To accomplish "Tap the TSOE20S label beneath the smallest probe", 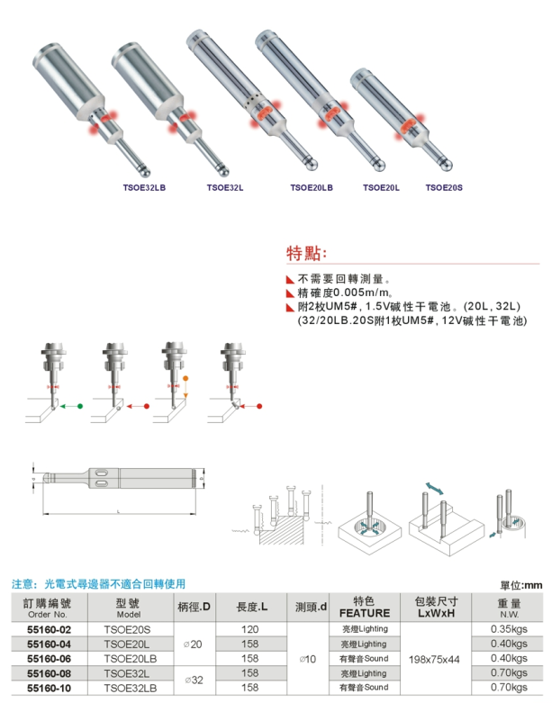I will pos(444,188).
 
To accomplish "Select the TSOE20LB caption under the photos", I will pos(312,188).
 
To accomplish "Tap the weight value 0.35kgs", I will pos(510,629).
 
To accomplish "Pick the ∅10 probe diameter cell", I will pos(311,658).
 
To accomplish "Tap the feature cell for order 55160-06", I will pos(364,658).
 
